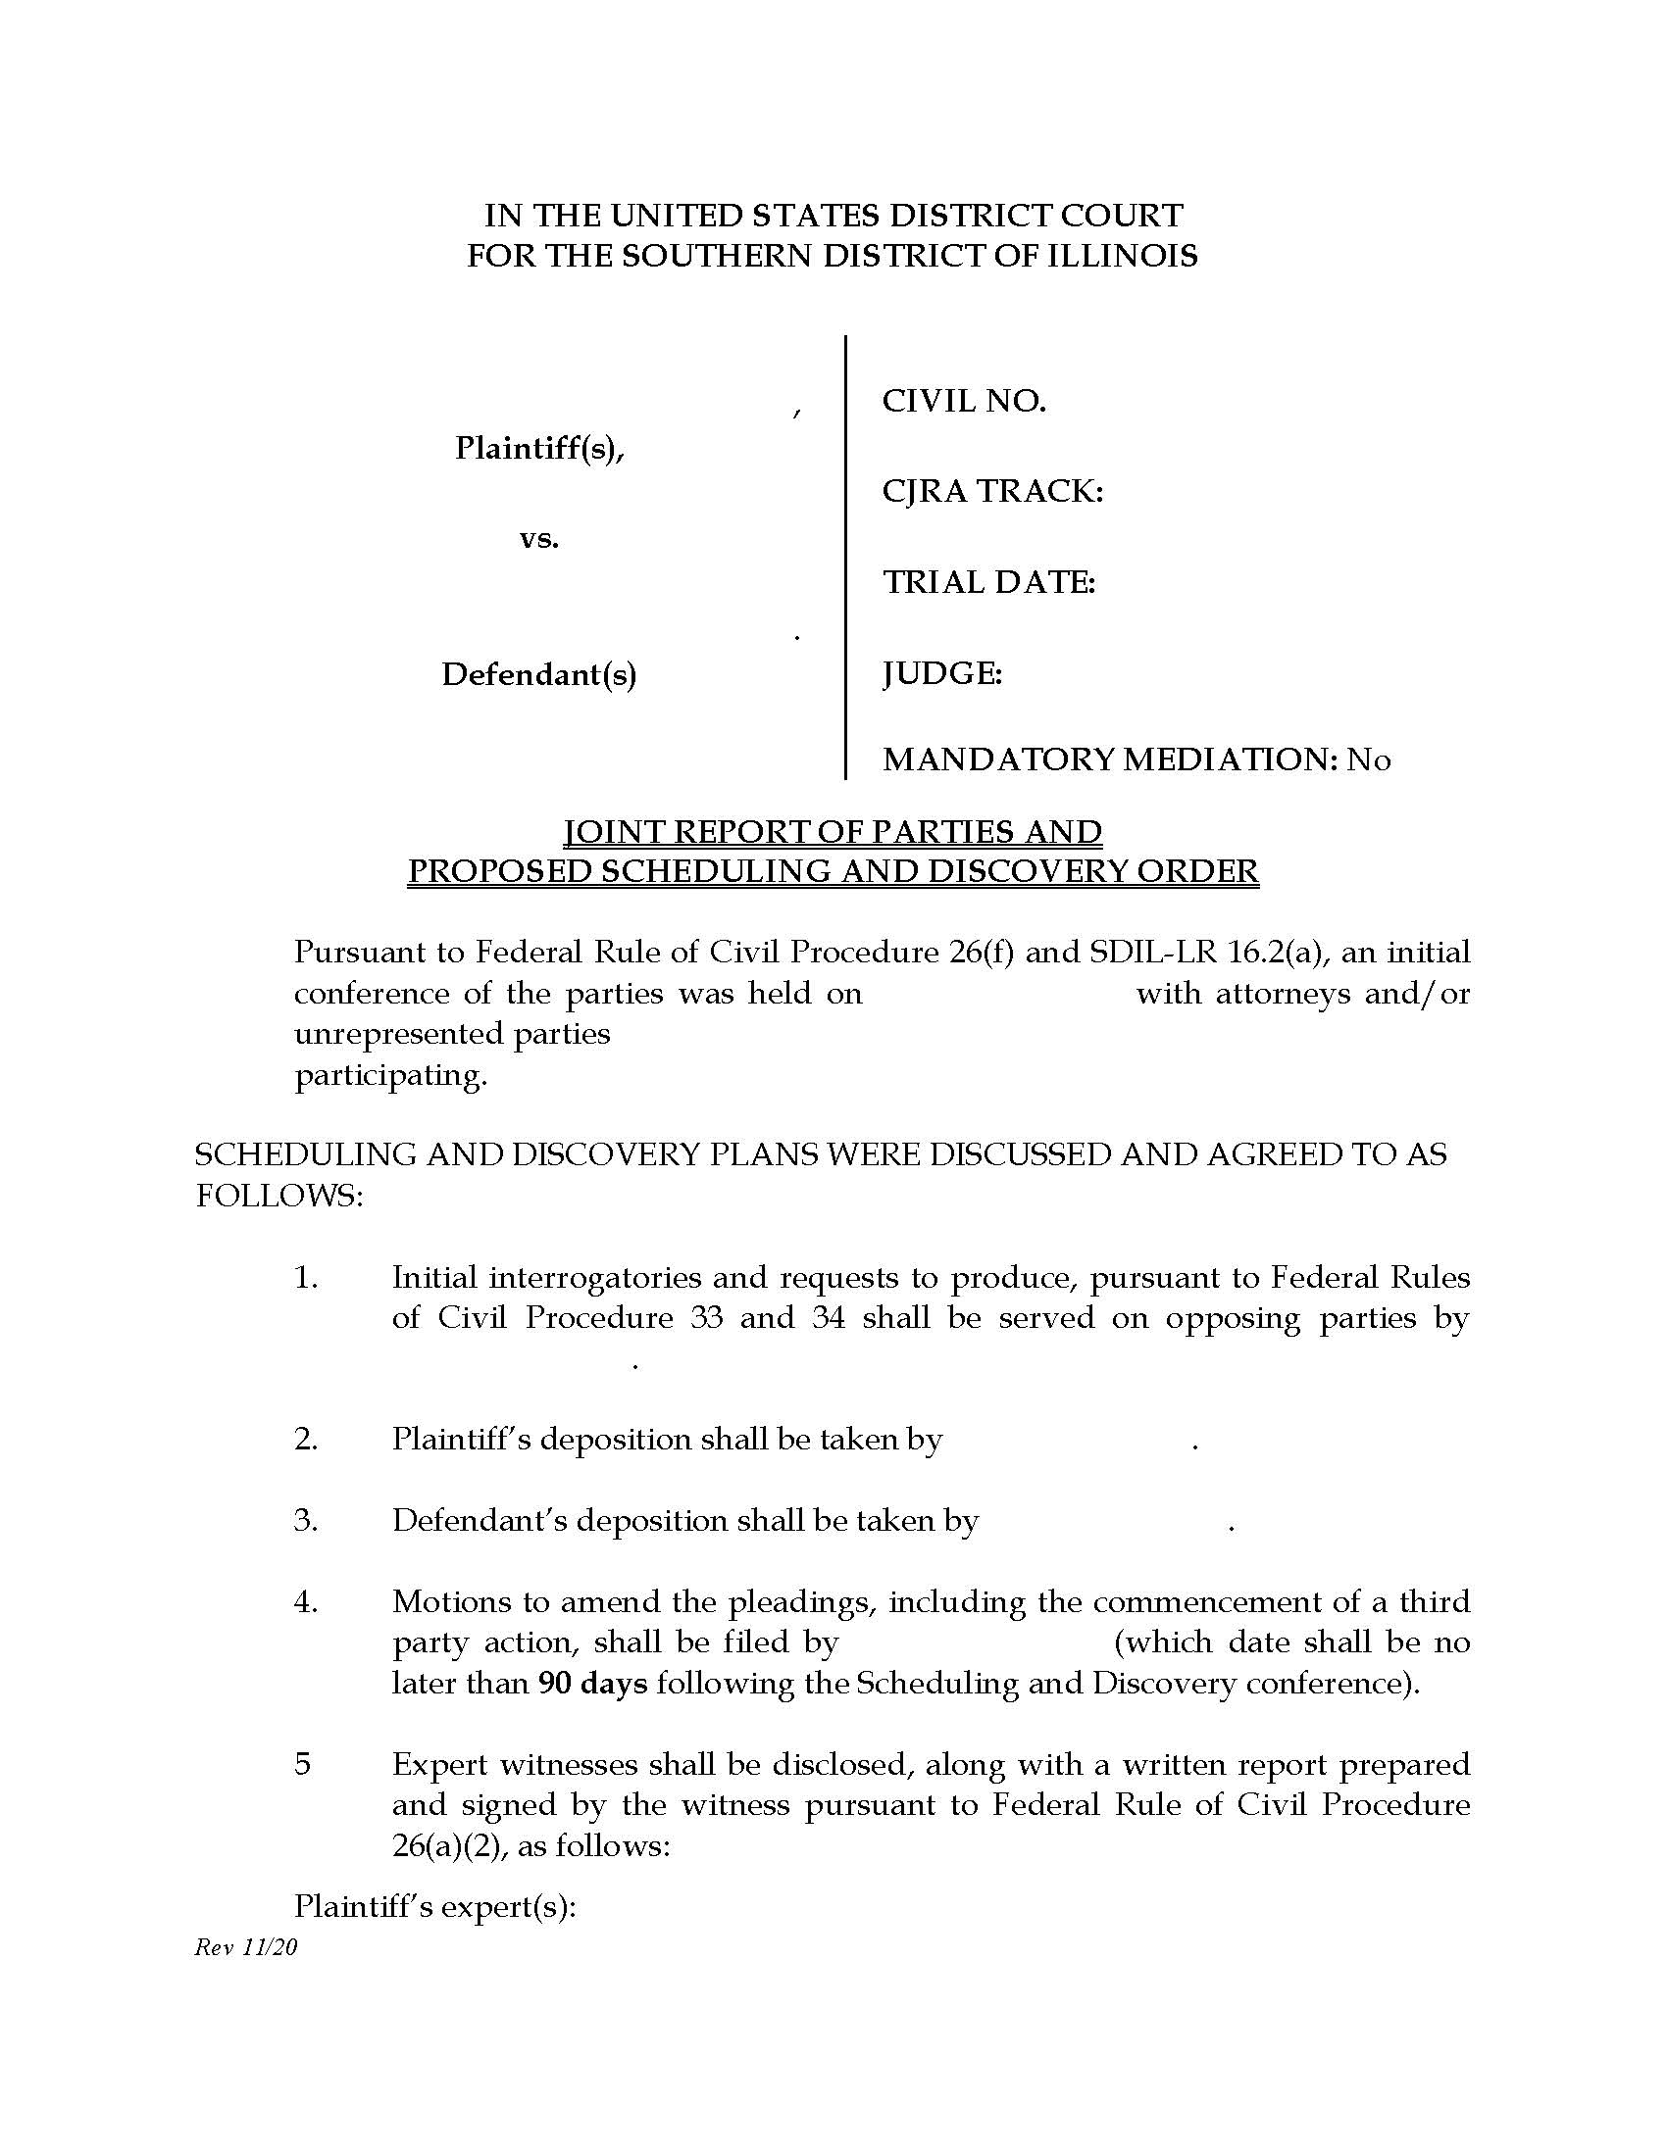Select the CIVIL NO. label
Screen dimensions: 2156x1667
pyautogui.click(x=963, y=401)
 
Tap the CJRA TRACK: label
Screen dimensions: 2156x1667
pyautogui.click(x=991, y=491)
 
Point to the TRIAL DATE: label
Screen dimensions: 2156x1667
pyautogui.click(x=988, y=582)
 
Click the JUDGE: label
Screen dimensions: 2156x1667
pyautogui.click(x=942, y=673)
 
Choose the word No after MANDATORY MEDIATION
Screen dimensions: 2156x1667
pyautogui.click(x=1369, y=759)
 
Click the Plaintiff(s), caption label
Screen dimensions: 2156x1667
pyautogui.click(x=539, y=448)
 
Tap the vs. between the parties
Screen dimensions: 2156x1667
pyautogui.click(x=539, y=539)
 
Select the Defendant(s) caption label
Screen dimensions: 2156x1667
pyautogui.click(x=538, y=674)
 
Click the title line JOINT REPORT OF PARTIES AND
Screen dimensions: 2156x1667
pyautogui.click(x=833, y=832)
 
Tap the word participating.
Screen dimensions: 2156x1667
pyautogui.click(x=391, y=1075)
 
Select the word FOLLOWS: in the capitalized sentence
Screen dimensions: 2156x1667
pyautogui.click(x=279, y=1196)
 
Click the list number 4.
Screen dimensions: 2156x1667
pyautogui.click(x=305, y=1601)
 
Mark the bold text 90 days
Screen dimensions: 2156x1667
pyautogui.click(x=592, y=1682)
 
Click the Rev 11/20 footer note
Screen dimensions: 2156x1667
pyautogui.click(x=246, y=1946)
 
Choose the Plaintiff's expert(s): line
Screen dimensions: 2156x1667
pyautogui.click(x=434, y=1906)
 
